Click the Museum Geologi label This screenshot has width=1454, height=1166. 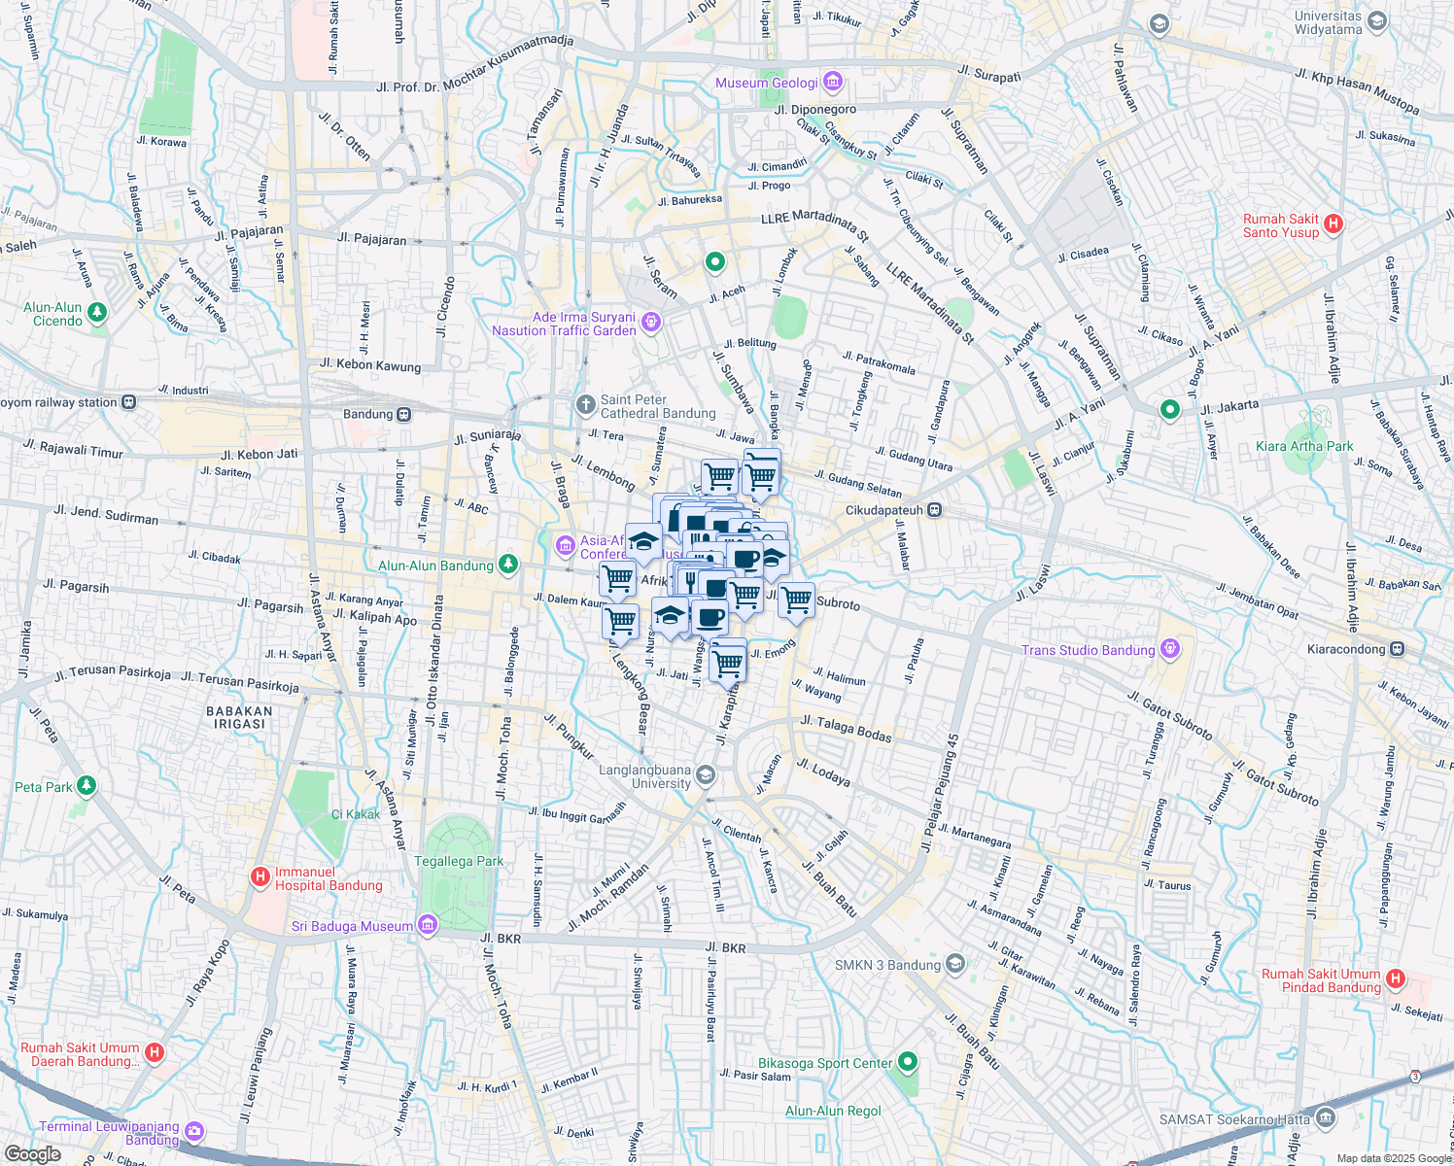(x=767, y=83)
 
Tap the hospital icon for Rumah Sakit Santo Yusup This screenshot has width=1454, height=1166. (x=1333, y=224)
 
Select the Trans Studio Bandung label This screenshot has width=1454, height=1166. (x=1088, y=650)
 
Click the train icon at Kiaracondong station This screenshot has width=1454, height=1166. (x=1396, y=649)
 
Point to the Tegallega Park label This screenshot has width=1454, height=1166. (x=459, y=861)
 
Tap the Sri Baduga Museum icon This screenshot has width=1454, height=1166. (x=427, y=926)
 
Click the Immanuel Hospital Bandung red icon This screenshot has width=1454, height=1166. (x=260, y=877)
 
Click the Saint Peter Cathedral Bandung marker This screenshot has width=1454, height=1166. (x=585, y=404)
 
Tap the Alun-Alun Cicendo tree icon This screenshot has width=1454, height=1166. (x=96, y=313)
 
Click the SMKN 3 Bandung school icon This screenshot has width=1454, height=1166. (x=955, y=964)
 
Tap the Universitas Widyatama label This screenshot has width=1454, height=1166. (x=1328, y=22)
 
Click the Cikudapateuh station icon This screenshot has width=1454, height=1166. (x=934, y=509)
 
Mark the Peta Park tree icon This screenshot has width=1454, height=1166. (x=87, y=785)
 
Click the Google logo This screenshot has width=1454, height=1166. (x=32, y=1154)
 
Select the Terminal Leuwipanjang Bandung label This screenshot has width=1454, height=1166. (x=109, y=1133)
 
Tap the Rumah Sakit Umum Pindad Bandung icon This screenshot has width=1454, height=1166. (x=1396, y=979)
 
